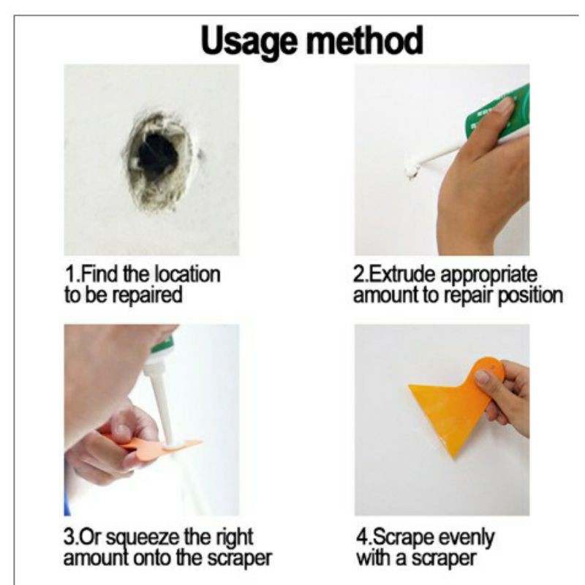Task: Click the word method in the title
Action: coord(364,40)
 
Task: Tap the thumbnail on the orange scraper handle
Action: coord(483,377)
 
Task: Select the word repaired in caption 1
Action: coord(148,296)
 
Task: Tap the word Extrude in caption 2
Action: coord(403,275)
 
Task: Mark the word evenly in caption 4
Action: coord(467,538)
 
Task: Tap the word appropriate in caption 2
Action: coord(489,276)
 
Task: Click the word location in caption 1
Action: coord(187,275)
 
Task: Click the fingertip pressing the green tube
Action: coord(505,105)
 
